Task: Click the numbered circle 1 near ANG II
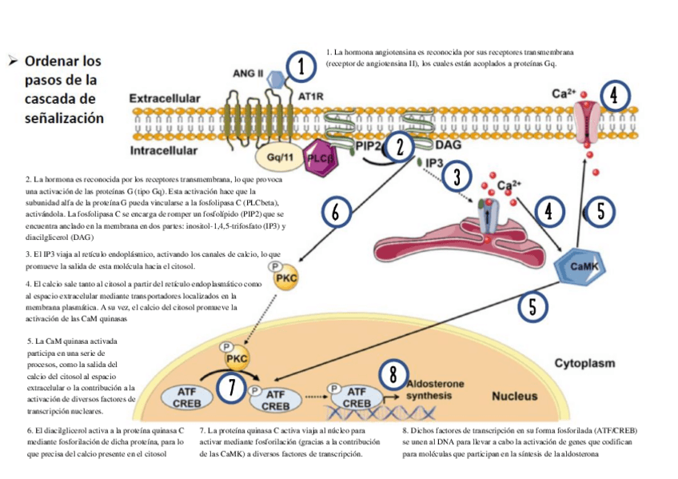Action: (x=301, y=66)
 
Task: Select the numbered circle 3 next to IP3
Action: (x=456, y=176)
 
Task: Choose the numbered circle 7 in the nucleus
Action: (x=231, y=387)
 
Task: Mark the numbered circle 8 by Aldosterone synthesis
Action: (x=392, y=373)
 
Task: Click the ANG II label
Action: (x=248, y=74)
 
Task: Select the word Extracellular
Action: (x=165, y=98)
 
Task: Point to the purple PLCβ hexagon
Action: (x=321, y=157)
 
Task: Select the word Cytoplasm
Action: (x=585, y=363)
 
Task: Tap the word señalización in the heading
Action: (x=65, y=118)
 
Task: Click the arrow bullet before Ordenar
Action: (x=13, y=61)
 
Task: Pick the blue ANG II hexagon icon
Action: (x=277, y=78)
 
